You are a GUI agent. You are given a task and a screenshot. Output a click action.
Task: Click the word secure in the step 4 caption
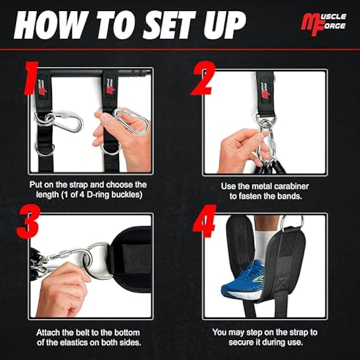[x=227, y=343]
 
